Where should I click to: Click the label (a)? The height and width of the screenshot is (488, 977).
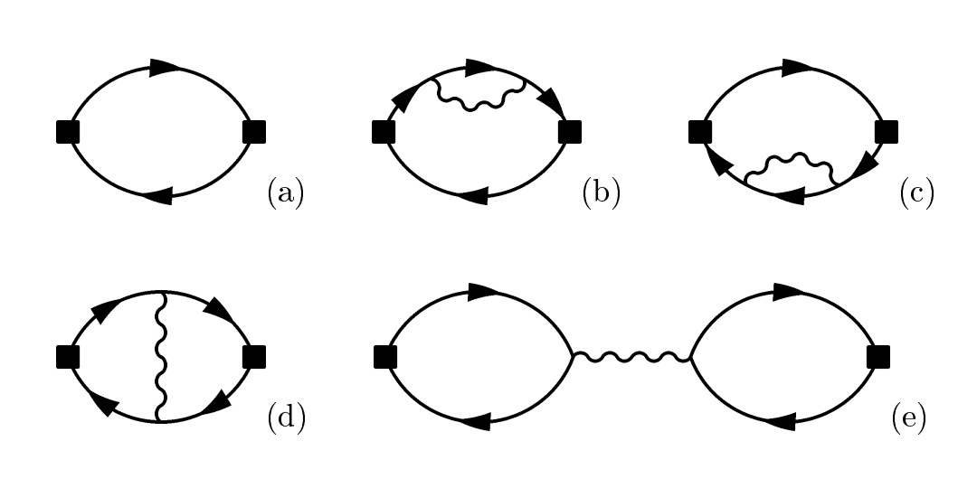tap(286, 192)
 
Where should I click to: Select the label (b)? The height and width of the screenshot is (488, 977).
tap(602, 192)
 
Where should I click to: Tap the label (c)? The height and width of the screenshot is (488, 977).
tap(917, 192)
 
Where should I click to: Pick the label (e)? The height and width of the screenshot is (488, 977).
tap(908, 417)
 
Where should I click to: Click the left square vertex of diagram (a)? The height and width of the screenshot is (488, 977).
tap(68, 132)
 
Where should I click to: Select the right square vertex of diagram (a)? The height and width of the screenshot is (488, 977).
tap(254, 132)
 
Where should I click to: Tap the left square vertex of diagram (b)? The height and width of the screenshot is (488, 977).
tap(384, 132)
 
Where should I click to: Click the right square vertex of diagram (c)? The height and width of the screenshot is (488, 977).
tap(886, 132)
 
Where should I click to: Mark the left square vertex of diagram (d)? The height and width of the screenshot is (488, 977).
tap(68, 357)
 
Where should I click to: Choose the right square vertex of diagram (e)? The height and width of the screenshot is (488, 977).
tap(877, 357)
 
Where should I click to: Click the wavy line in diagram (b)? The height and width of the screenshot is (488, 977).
tap(479, 98)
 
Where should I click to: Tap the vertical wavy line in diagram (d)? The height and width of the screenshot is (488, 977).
tap(161, 357)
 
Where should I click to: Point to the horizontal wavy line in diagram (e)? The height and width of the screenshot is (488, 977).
tap(631, 357)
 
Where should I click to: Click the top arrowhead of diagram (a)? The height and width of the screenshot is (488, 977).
tap(166, 68)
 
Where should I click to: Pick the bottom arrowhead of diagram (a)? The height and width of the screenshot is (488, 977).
tap(157, 196)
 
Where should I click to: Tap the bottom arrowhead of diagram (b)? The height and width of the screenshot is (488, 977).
tap(473, 196)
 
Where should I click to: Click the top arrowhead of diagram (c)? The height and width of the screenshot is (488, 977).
tap(797, 68)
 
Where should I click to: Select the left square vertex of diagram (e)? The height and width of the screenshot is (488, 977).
tap(385, 357)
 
